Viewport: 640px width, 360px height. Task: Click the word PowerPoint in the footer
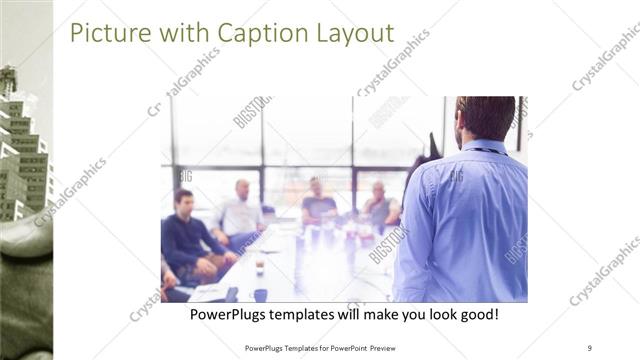pos(343,347)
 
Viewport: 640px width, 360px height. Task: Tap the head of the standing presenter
pos(485,117)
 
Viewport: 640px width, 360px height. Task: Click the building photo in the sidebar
pos(25,150)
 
